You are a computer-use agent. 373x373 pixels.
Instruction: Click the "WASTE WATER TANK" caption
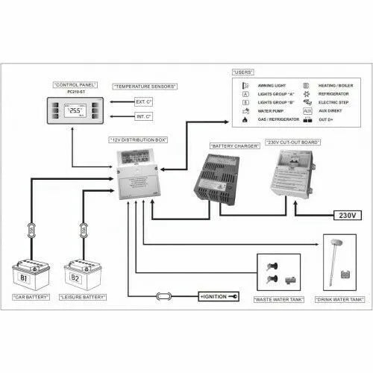click(x=278, y=298)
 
